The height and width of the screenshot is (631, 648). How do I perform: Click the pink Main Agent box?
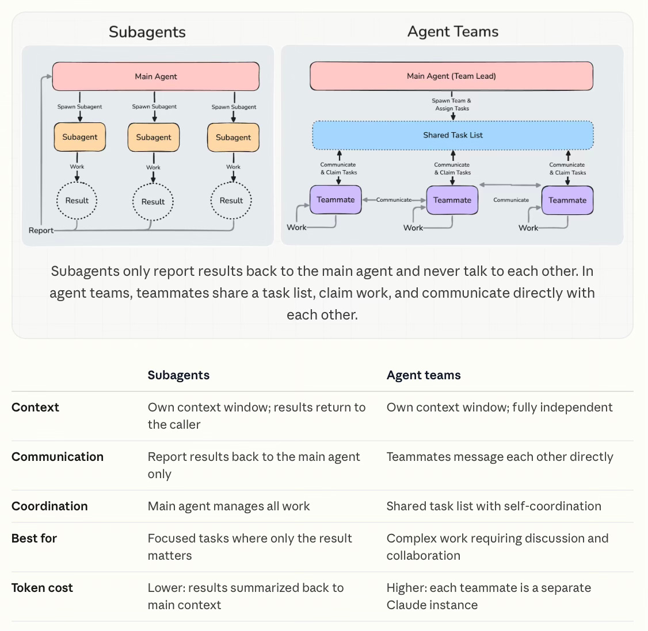point(156,76)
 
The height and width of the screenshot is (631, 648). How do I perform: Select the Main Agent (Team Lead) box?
point(451,76)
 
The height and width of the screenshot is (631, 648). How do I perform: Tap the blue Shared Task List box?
point(453,135)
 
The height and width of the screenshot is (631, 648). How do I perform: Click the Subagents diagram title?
point(147,32)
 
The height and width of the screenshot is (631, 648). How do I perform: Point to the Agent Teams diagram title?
point(453,32)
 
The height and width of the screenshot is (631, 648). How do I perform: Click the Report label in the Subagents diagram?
point(41,230)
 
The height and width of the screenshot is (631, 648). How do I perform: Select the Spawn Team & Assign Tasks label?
point(452,105)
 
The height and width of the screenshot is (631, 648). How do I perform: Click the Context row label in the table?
point(35,407)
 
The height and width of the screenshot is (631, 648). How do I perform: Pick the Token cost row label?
point(42,588)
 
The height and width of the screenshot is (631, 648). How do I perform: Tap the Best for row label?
point(34,538)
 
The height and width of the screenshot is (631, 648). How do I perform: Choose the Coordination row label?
point(49,506)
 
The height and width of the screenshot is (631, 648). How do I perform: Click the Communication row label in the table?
point(58,456)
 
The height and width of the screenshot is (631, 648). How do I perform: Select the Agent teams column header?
point(424,375)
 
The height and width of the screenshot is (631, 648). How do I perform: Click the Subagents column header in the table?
point(178,375)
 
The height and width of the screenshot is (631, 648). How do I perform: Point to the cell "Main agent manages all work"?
point(228,506)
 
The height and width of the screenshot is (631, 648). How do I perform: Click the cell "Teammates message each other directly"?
point(500,456)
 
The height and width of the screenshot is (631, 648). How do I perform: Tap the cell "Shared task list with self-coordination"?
point(494,506)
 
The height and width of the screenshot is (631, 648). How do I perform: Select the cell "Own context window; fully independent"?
point(499,407)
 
